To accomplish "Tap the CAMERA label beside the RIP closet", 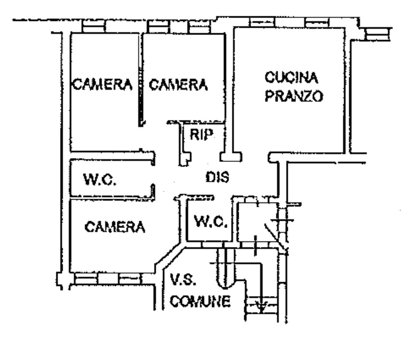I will pos(178,85).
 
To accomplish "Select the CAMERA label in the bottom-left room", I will pos(115,227).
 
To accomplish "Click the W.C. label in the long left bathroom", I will pos(99,181).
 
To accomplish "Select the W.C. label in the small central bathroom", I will pos(210,222).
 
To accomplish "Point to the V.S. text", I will pos(183,279).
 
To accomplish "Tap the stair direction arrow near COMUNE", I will pos(261,306).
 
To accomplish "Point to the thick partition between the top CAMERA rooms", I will pos(139,79).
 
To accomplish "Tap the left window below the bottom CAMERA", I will pos(86,278).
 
